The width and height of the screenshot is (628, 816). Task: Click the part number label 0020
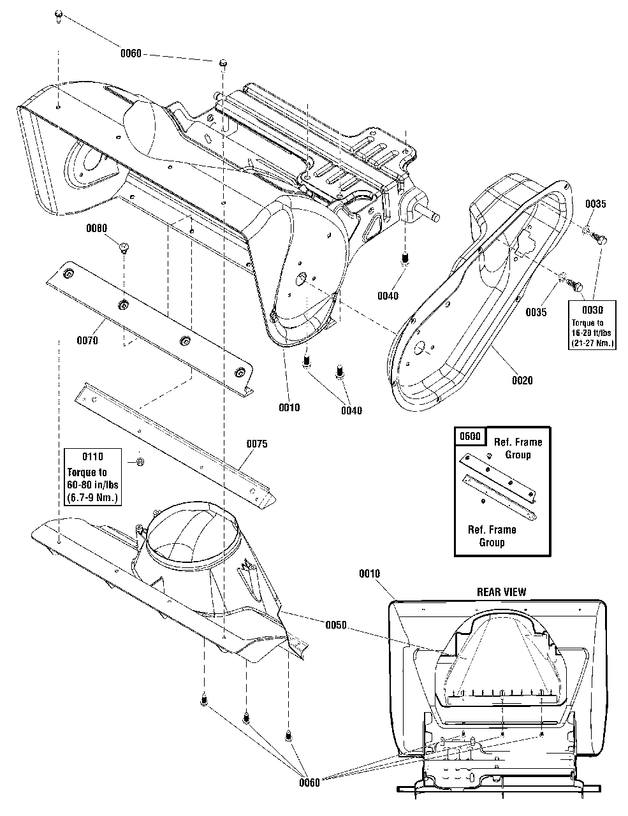pos(522,381)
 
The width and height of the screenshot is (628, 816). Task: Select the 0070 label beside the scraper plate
pos(87,340)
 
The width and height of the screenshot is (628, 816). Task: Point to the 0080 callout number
pos(96,228)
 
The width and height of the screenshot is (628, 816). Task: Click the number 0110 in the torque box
pos(93,456)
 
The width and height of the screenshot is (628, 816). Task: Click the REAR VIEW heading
pos(502,592)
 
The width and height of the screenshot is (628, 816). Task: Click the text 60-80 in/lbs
pos(93,484)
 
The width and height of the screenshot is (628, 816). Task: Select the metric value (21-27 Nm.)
pos(592,344)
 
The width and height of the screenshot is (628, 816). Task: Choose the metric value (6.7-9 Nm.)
pos(93,497)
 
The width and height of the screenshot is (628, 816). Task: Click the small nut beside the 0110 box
pos(140,461)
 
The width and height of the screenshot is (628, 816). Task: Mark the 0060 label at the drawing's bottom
pos(310,782)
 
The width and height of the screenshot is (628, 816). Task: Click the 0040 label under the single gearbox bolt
pos(388,296)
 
